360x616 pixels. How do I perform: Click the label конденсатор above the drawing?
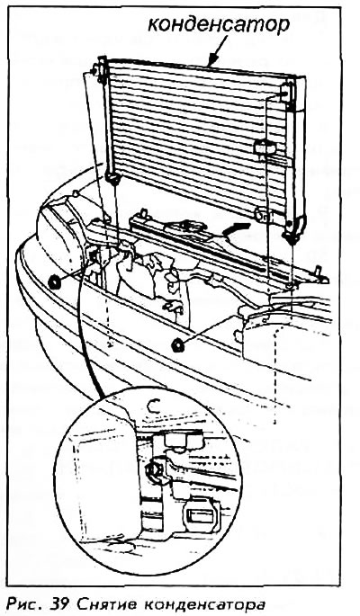(219, 25)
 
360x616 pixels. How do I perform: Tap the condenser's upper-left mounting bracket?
(101, 69)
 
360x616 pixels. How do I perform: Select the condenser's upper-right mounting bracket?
(286, 94)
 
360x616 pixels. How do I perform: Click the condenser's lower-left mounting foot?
(112, 179)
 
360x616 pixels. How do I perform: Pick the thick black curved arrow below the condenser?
(236, 228)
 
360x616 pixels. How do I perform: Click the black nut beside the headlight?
(54, 282)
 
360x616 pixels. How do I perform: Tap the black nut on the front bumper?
(178, 345)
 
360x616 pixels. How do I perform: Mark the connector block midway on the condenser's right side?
(265, 147)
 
